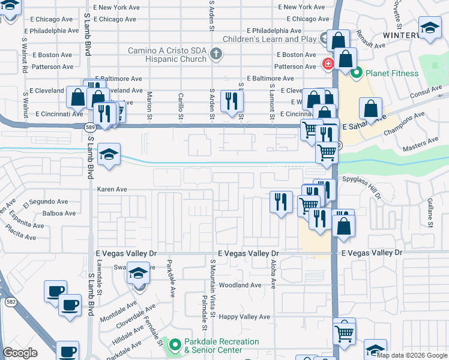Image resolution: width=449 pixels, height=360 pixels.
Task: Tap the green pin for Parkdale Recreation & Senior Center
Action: (x=175, y=345)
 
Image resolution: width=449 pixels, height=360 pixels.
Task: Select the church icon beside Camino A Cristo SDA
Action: (x=217, y=55)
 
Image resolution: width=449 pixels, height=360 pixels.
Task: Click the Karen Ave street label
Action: (x=112, y=189)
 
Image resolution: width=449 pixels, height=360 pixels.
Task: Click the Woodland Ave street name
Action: (x=240, y=286)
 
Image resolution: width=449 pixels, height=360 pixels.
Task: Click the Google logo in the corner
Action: (x=20, y=353)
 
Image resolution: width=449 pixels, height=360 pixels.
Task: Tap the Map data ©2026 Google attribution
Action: (x=412, y=355)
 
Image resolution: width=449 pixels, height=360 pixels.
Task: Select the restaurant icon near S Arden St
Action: (x=232, y=101)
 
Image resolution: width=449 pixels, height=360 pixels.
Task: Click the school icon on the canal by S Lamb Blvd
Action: (x=109, y=154)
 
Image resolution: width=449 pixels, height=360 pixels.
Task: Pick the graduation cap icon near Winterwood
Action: (x=430, y=28)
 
